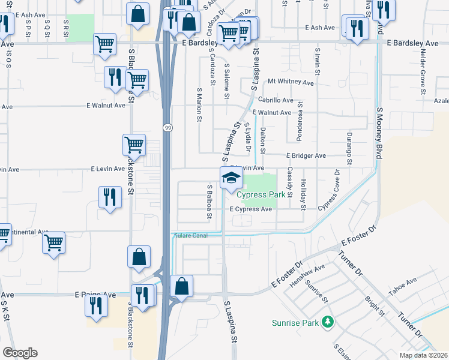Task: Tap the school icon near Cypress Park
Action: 231,178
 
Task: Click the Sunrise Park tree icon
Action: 328,322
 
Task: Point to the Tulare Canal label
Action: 190,235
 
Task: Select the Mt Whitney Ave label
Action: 291,82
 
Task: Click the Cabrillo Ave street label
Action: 276,100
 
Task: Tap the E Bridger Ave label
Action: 306,155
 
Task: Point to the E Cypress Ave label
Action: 252,209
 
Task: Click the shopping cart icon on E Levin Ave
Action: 134,144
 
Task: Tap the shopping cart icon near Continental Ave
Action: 54,242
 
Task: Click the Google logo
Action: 20,353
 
